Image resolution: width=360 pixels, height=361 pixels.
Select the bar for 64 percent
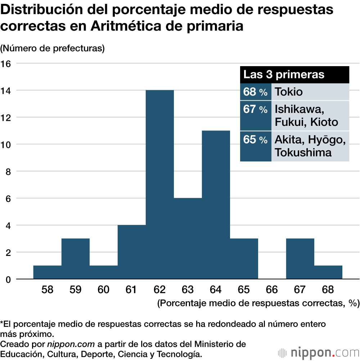(x=216, y=205)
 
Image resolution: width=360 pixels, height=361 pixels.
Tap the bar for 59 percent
(x=76, y=259)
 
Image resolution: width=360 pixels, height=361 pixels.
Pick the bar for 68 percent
(x=328, y=272)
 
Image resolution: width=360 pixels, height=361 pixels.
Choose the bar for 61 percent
(x=132, y=252)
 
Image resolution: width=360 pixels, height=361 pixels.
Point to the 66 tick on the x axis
(x=272, y=289)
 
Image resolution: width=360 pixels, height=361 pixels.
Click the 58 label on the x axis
(x=48, y=289)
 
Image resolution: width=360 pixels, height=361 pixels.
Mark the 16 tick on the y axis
(x=6, y=64)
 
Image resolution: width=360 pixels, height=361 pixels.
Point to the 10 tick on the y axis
(x=6, y=145)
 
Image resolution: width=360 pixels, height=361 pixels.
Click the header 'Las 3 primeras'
(x=284, y=74)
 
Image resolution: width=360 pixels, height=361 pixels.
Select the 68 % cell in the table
(x=255, y=92)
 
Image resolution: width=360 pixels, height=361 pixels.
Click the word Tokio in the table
(x=289, y=92)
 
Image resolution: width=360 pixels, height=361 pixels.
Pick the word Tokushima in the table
(x=303, y=152)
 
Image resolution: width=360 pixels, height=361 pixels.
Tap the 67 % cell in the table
(x=255, y=109)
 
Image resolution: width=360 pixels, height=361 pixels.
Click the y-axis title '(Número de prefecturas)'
(x=53, y=48)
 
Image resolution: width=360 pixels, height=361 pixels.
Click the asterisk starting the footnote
(x=2, y=323)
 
